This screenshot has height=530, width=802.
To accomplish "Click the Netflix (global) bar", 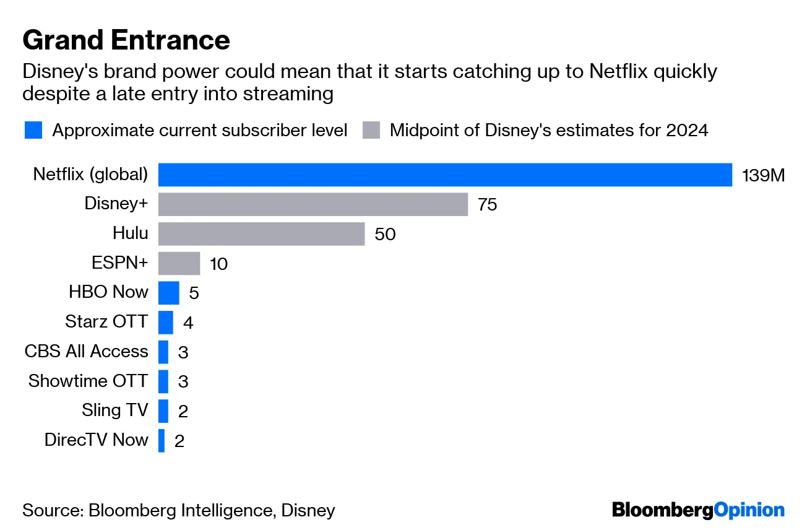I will (445, 175).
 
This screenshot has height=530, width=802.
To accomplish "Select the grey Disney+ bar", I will (313, 204).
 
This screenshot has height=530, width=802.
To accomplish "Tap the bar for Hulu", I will (261, 234).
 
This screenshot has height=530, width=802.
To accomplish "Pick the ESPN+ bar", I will (179, 263).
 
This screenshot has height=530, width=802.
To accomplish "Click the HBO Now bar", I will (168, 292).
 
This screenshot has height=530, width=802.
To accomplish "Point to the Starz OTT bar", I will (165, 322).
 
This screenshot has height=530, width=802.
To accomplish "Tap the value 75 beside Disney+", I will (487, 205).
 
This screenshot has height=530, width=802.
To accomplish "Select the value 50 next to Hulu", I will (385, 235).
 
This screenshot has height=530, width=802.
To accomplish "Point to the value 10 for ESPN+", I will (218, 264).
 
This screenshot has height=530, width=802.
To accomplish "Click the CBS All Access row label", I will (87, 351).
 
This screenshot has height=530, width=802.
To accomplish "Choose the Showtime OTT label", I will (88, 381).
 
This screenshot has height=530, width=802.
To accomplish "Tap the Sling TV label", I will (114, 410).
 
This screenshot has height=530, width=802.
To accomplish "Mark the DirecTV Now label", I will (97, 440).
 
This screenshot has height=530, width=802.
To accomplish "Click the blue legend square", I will (33, 131).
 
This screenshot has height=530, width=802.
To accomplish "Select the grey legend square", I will (371, 131).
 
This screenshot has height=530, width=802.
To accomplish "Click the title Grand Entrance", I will (126, 40).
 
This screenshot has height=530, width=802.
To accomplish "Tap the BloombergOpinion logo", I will (698, 510).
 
